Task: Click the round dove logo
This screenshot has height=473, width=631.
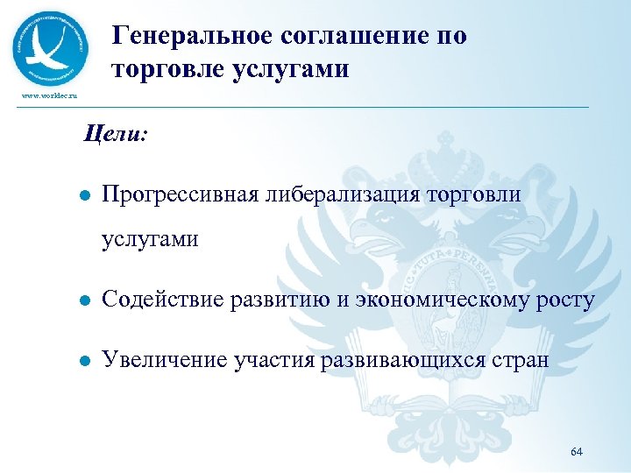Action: click(51, 47)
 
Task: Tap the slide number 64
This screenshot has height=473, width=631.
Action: click(576, 451)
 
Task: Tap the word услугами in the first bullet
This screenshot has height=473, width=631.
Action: click(150, 239)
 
